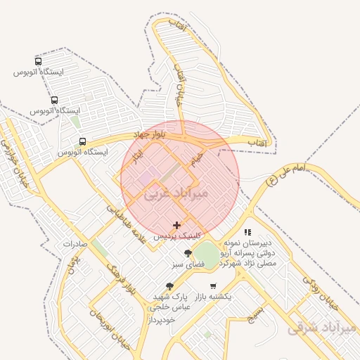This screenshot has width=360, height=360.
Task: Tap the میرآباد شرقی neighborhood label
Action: click(321, 326)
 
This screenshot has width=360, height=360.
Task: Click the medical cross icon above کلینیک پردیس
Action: click(176, 225)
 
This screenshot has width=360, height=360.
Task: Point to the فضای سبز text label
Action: click(188, 265)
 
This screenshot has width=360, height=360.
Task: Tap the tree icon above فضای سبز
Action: click(188, 253)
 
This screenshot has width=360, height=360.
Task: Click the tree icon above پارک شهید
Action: click(169, 286)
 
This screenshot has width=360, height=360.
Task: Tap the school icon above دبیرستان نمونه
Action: click(247, 231)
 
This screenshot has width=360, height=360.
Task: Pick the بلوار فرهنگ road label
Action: click(117, 276)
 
